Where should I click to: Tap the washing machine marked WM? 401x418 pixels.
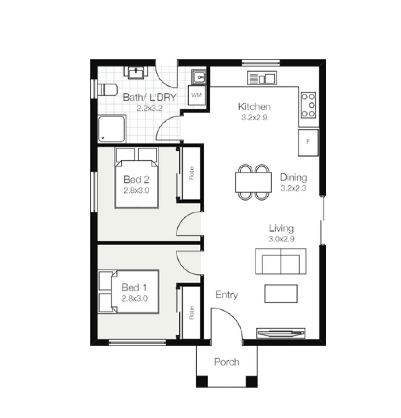pyautogui.click(x=197, y=95)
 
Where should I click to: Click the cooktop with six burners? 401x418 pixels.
pyautogui.click(x=308, y=105)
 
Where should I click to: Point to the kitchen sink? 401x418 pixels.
pyautogui.click(x=262, y=78)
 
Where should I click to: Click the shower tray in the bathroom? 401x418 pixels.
pyautogui.click(x=112, y=129)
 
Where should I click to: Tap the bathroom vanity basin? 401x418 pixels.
pyautogui.click(x=136, y=73)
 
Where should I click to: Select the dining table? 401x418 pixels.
pyautogui.click(x=253, y=182)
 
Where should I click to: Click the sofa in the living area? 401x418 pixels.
pyautogui.click(x=281, y=261)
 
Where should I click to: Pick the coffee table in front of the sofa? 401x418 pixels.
pyautogui.click(x=281, y=293)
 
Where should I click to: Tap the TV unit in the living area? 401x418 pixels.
pyautogui.click(x=281, y=333)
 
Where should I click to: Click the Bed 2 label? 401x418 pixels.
pyautogui.click(x=136, y=179)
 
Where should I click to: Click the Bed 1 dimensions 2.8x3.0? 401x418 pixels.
pyautogui.click(x=134, y=298)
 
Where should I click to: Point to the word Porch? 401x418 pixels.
pyautogui.click(x=227, y=362)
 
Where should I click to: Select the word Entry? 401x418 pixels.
pyautogui.click(x=227, y=295)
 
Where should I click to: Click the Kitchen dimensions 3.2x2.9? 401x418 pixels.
pyautogui.click(x=254, y=117)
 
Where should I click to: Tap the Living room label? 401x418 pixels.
pyautogui.click(x=281, y=228)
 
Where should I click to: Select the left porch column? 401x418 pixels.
pyautogui.click(x=202, y=382)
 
